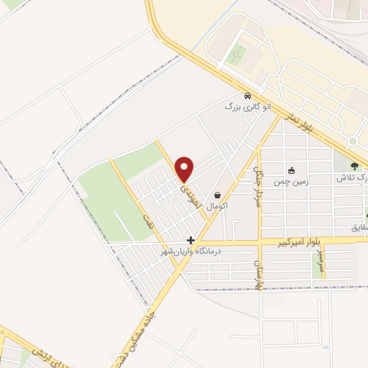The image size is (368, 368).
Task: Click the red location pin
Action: (x=185, y=169)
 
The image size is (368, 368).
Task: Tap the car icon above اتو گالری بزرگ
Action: (x=247, y=96)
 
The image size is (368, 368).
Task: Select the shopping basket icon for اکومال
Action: (x=217, y=195)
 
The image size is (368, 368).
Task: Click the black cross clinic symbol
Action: (x=190, y=241)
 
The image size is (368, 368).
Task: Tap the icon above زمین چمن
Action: (x=291, y=171)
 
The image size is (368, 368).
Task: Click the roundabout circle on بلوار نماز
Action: (x=353, y=141)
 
